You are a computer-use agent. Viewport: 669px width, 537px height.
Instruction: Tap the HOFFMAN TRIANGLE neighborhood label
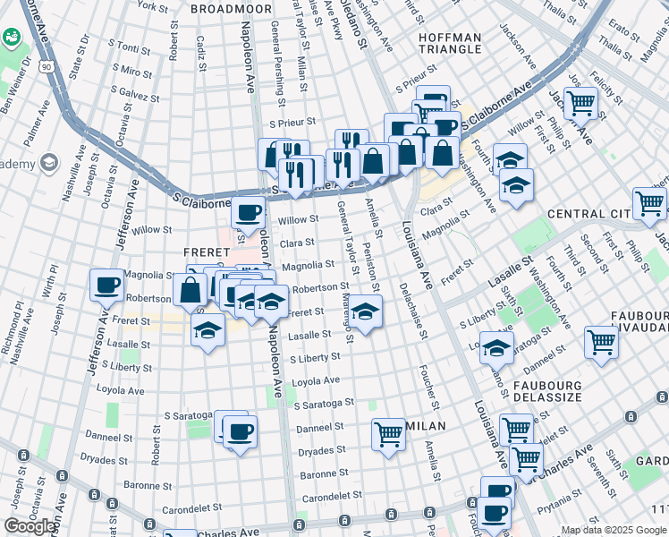(x=451, y=44)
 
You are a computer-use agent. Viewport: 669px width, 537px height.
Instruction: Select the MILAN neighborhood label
(x=419, y=426)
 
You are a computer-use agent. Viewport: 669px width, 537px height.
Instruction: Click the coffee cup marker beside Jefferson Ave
(x=106, y=286)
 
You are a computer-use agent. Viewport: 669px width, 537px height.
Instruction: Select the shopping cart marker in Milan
(x=388, y=435)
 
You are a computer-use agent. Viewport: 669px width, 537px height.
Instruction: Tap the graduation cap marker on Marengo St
(x=364, y=312)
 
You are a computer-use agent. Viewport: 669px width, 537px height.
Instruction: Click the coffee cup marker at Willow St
(x=248, y=213)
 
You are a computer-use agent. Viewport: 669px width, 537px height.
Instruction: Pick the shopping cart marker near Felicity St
(x=581, y=103)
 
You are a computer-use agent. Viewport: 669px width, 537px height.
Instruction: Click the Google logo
(x=30, y=525)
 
